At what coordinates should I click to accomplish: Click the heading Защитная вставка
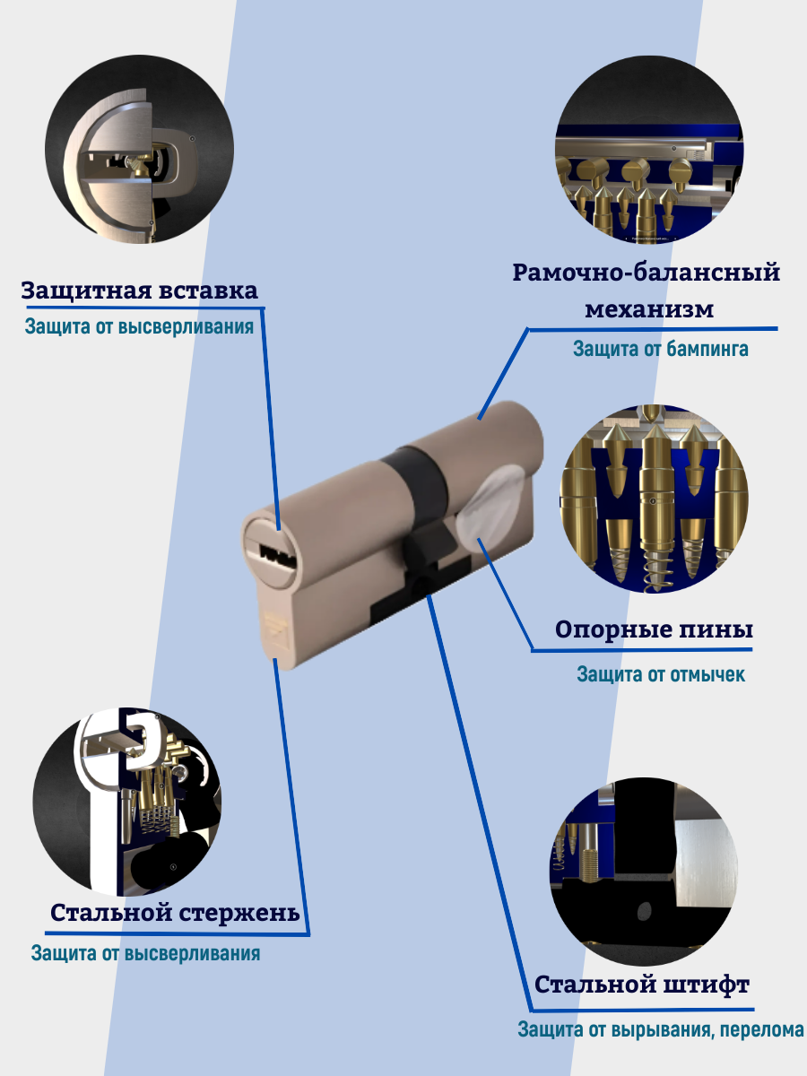[139, 291]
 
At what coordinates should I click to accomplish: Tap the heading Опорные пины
[654, 629]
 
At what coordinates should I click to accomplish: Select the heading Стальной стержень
[175, 913]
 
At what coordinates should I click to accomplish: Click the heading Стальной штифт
[642, 985]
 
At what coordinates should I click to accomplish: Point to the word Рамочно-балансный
[646, 273]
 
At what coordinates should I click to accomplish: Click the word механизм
[649, 309]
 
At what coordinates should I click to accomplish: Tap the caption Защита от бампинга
[661, 349]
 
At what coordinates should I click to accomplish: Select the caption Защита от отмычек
[661, 673]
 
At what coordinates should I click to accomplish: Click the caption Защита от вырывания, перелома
[661, 1030]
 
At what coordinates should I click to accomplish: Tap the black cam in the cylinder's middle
[425, 553]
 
